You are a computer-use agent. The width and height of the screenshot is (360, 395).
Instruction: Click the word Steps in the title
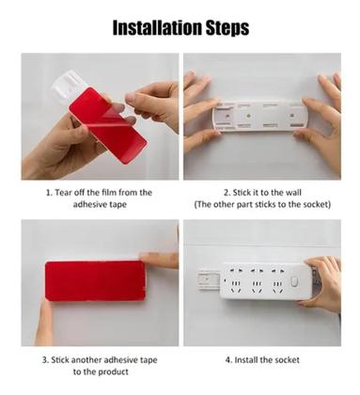coord(227,28)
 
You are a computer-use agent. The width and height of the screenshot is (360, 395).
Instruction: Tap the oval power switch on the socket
coord(293,281)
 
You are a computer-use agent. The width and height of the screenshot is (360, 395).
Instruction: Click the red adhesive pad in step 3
coord(95,281)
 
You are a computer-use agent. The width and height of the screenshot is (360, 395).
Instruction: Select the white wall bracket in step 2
coord(259,116)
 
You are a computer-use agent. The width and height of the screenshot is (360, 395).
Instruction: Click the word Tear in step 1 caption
coord(65,192)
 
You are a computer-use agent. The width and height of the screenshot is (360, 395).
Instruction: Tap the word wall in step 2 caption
coord(294,192)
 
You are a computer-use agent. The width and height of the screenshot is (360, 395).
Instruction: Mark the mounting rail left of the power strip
coord(210,280)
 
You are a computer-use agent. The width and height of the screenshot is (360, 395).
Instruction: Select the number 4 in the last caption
coord(227,360)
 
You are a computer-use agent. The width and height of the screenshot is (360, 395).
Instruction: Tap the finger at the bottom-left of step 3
coord(44,322)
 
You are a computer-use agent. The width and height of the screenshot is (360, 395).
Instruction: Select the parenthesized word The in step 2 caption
coord(203,204)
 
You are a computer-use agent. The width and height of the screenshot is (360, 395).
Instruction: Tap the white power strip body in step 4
coord(267,280)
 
